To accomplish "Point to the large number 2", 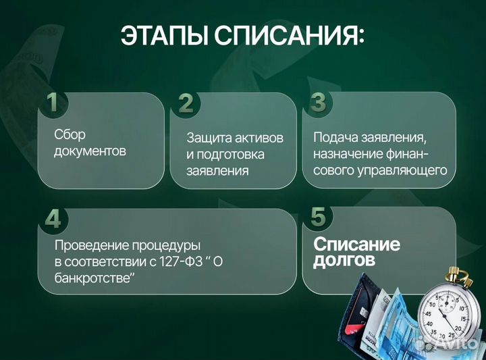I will coord(186,103).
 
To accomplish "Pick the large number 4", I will coord(53,219).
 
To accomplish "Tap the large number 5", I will coord(319,217).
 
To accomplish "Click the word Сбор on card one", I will coord(70,134).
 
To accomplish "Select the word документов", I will coord(90,151).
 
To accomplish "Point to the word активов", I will coord(259,138).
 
